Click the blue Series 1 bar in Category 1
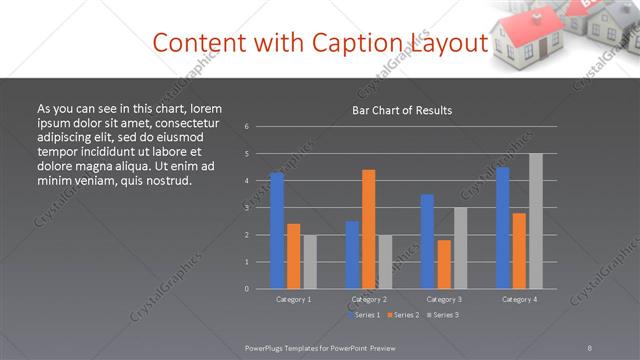pyautogui.click(x=277, y=230)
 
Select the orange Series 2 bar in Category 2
pyautogui.click(x=369, y=229)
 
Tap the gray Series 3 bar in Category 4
pyautogui.click(x=535, y=221)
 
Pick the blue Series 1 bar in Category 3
pyautogui.click(x=427, y=241)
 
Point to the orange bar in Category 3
pyautogui.click(x=444, y=264)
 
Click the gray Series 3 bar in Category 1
pyautogui.click(x=310, y=261)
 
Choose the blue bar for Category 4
pyautogui.click(x=502, y=227)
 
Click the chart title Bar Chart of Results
pyautogui.click(x=402, y=110)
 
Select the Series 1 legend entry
pyautogui.click(x=362, y=315)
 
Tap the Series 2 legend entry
pyautogui.click(x=402, y=315)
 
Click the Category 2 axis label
pyautogui.click(x=369, y=299)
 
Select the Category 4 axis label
pyautogui.click(x=519, y=299)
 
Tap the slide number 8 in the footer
pyautogui.click(x=590, y=347)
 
